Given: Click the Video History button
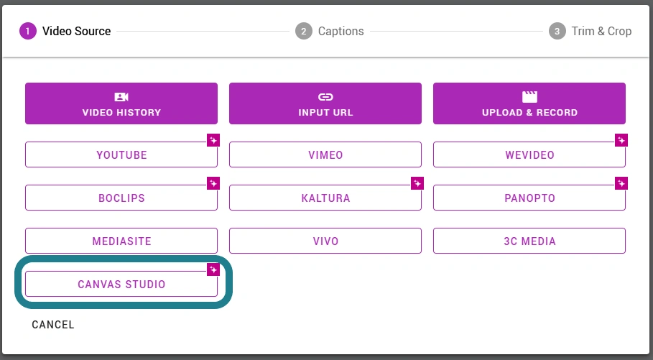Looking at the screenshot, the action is pos(121,103).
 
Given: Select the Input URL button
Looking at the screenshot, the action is pos(325,103).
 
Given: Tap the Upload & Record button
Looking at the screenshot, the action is pos(529,103).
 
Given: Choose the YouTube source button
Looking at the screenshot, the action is pos(121,154).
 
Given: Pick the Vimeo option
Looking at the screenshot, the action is pos(325,154).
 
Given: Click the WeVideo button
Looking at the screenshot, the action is pos(529,154).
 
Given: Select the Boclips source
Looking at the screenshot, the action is pos(121,198).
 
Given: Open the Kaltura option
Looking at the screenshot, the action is pos(325,198).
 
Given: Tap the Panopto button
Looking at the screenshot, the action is pos(529,198).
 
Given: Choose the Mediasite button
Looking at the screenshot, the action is pos(121,241).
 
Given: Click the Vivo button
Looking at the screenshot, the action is pos(325,241).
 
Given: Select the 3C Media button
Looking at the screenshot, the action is pos(529,241).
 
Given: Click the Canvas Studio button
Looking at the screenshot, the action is pos(121,284).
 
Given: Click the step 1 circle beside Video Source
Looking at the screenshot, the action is pos(28,31).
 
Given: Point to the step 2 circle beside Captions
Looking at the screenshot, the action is pos(304,31).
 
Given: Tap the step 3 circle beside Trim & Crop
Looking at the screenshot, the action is pos(557,31).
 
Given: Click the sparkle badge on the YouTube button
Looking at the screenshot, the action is pos(213,140).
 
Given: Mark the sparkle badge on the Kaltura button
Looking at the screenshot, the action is pos(417,183).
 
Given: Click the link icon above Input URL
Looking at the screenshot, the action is pos(325,97).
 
